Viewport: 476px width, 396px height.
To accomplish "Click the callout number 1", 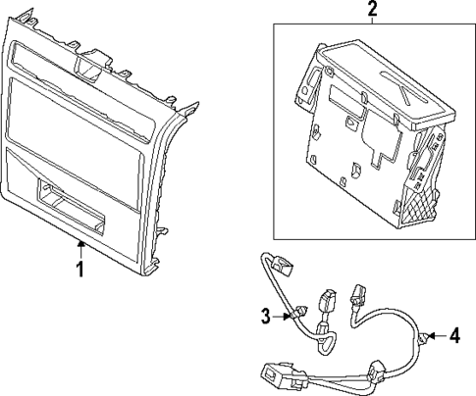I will [x=80, y=268].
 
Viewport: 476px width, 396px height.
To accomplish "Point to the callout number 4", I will [x=454, y=336].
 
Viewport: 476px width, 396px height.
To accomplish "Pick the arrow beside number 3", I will [x=282, y=315].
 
